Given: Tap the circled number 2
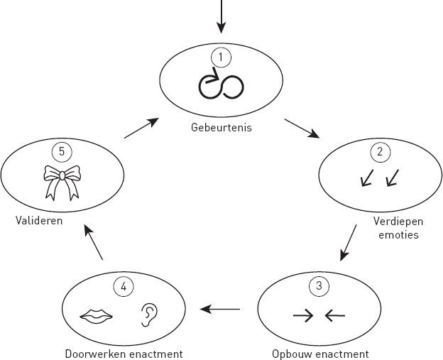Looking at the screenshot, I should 379,151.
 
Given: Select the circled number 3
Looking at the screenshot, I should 319,286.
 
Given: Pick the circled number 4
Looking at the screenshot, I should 124,287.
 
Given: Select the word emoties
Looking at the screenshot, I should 393,233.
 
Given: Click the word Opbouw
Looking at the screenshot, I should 295,353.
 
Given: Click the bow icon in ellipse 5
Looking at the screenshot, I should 62,182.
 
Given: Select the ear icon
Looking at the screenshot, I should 148,314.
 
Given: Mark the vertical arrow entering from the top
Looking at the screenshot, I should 221,16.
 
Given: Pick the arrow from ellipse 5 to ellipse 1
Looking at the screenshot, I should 141,129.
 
